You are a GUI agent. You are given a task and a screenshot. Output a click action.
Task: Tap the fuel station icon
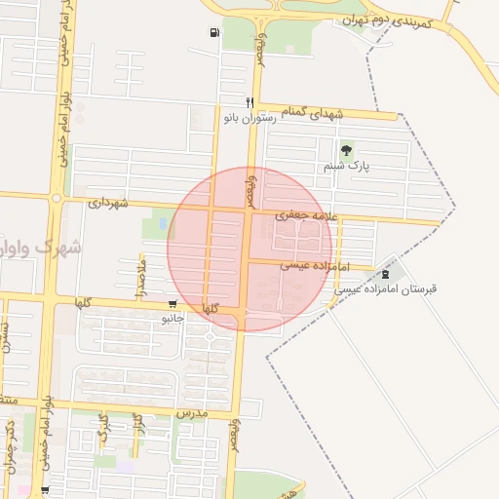click(213, 33)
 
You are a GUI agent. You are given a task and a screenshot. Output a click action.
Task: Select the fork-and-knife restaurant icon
click(250, 102)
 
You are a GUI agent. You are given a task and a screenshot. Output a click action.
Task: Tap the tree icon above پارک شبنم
click(346, 150)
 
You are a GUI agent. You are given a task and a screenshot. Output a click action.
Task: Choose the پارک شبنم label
click(346, 168)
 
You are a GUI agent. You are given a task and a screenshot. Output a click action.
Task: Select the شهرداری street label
click(108, 203)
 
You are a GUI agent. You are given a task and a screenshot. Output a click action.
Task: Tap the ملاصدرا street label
click(140, 278)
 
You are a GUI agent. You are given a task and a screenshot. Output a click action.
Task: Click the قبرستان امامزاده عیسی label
click(388, 289)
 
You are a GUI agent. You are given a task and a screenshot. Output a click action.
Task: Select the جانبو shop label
click(173, 318)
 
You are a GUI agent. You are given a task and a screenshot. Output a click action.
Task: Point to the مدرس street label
click(192, 413)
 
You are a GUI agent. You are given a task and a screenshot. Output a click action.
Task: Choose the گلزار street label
click(137, 425)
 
